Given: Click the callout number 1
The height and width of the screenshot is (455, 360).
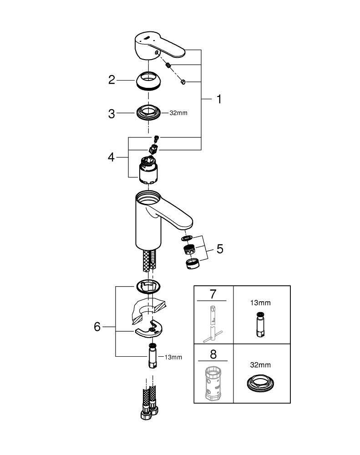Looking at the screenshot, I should coord(218,100).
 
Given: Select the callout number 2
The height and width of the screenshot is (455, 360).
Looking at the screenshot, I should coord(112,81).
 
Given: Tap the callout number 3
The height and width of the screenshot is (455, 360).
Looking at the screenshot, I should coord(112,114).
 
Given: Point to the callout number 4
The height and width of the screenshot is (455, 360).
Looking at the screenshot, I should coord(112,157).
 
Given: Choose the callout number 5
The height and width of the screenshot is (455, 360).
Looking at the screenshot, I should coord(220,249).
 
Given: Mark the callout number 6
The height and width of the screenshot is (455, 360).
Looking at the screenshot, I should coord(97,327).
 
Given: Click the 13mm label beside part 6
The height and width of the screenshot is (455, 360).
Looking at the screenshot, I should coord(173,357).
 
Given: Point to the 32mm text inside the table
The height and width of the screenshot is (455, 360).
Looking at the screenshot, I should coord(261,365).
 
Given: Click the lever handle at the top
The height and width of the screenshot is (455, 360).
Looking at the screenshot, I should coord(159,45).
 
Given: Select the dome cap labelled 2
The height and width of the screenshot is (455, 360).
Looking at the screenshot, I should coord(149,81).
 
